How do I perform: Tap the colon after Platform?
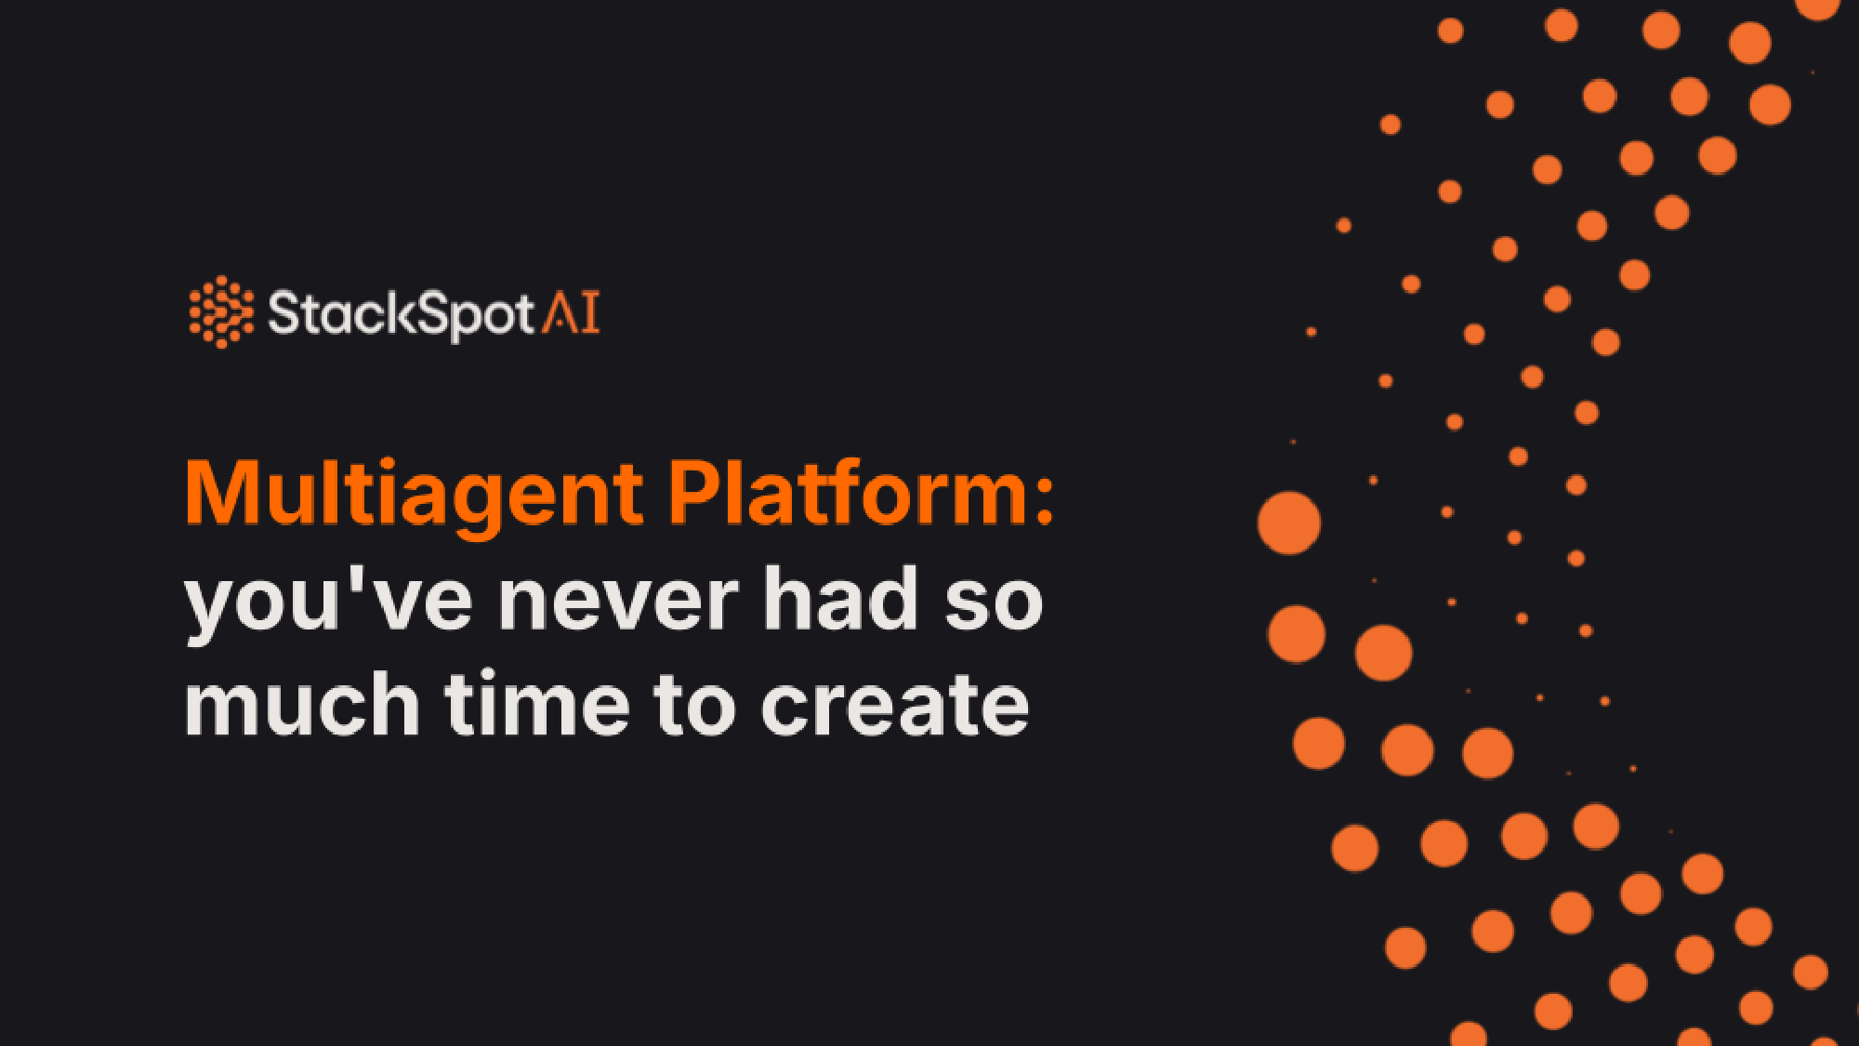(1045, 495)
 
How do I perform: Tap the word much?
(301, 705)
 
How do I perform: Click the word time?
(537, 705)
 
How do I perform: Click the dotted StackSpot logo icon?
(221, 312)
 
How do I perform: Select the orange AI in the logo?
(571, 312)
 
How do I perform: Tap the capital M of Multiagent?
(218, 493)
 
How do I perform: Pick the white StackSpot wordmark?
(401, 313)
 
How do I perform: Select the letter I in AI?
(588, 312)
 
